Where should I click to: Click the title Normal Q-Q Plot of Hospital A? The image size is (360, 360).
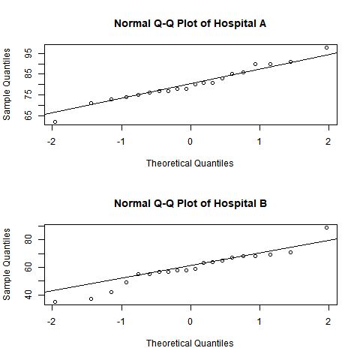tap(190, 23)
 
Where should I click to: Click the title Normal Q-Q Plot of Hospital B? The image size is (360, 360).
tap(190, 203)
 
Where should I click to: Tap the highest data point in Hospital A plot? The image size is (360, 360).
tap(326, 47)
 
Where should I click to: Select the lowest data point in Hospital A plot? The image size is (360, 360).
tap(55, 121)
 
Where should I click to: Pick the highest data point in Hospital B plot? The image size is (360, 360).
tap(326, 227)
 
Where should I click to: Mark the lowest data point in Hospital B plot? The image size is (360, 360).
tap(55, 301)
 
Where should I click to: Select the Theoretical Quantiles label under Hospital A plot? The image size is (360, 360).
tap(190, 163)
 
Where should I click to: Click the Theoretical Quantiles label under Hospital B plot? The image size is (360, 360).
tap(190, 343)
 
